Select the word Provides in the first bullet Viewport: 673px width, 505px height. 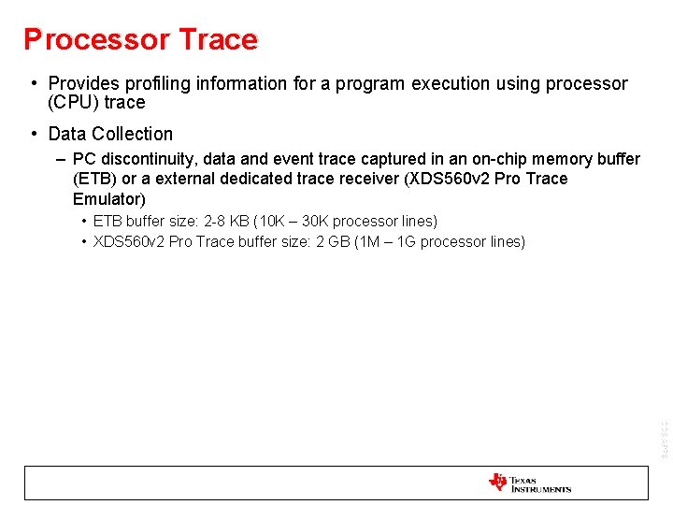(x=83, y=83)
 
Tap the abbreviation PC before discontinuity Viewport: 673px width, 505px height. (x=84, y=159)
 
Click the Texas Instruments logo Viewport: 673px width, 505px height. (x=529, y=483)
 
